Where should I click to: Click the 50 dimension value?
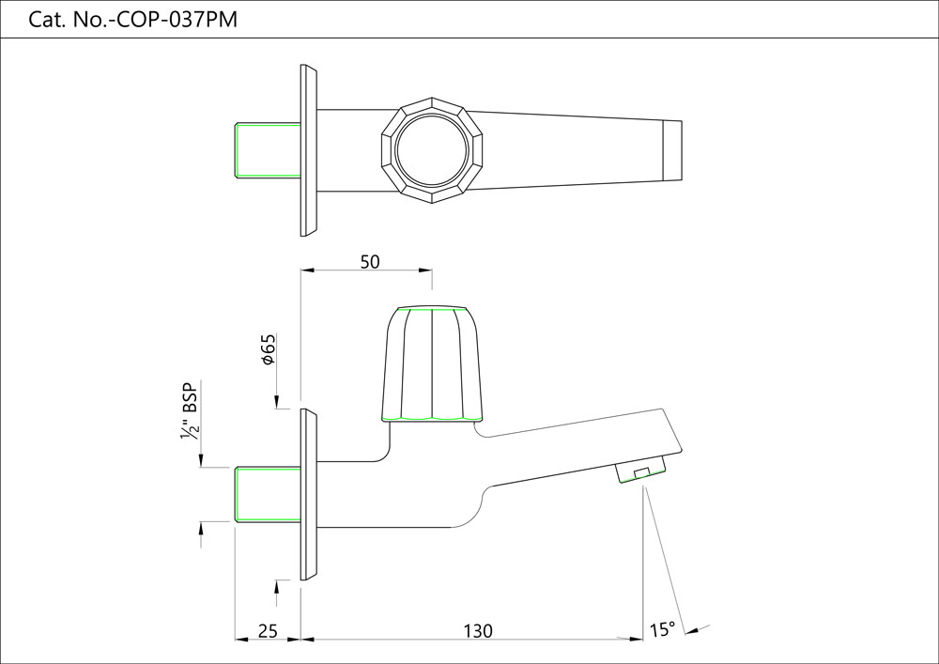coord(370,262)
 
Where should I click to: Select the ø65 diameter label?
coord(268,348)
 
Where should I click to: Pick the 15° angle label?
coord(661,629)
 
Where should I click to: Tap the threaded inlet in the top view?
coord(267,150)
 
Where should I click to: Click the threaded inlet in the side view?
coord(267,493)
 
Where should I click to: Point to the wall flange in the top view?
coord(309,150)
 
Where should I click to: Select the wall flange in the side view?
coord(309,494)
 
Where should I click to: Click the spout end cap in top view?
coord(672,150)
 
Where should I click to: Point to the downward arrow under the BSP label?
coord(201,459)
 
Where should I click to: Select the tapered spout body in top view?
coord(563,150)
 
